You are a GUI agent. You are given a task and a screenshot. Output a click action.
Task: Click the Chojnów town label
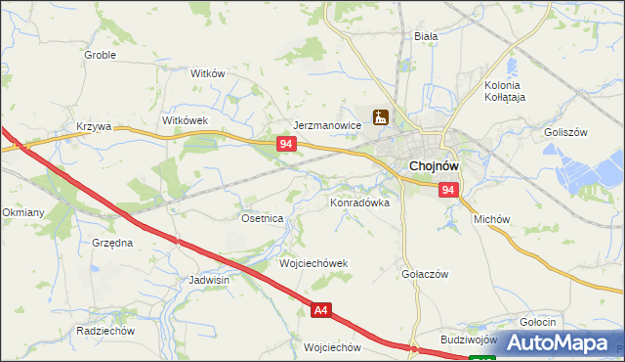435,166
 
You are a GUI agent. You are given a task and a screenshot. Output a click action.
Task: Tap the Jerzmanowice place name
328,126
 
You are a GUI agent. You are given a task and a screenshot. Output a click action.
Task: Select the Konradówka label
359,203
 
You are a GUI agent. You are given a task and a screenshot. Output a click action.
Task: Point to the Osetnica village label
262,218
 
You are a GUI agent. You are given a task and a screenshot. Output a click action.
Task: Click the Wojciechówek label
313,264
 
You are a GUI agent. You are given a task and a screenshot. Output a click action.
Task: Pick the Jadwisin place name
209,280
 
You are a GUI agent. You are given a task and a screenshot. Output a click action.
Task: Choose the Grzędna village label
111,241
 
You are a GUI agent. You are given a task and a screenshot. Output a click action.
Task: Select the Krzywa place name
95,126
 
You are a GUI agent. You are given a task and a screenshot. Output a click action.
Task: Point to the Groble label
100,55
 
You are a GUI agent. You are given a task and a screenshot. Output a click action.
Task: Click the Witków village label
208,73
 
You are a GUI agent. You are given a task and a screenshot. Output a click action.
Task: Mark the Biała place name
425,35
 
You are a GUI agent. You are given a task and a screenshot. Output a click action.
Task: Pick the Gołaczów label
425,275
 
